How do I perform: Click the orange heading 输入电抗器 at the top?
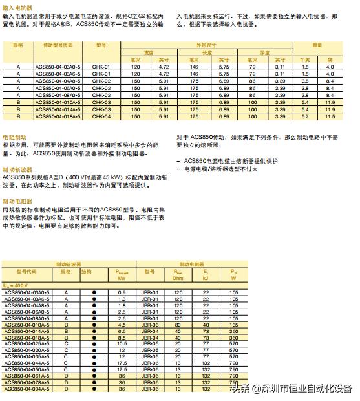(x=17, y=8)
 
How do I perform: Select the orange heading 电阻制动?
(x=15, y=138)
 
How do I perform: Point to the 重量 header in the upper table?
(x=317, y=46)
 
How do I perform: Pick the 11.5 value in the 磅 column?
(x=330, y=117)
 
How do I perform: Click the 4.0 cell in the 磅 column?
(x=330, y=67)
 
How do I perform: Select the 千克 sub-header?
(x=306, y=60)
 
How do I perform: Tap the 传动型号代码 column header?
(x=58, y=46)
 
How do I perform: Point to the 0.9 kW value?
(x=122, y=292)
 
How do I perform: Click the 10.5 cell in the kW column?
(x=122, y=343)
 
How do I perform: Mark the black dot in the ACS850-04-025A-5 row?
(x=94, y=343)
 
